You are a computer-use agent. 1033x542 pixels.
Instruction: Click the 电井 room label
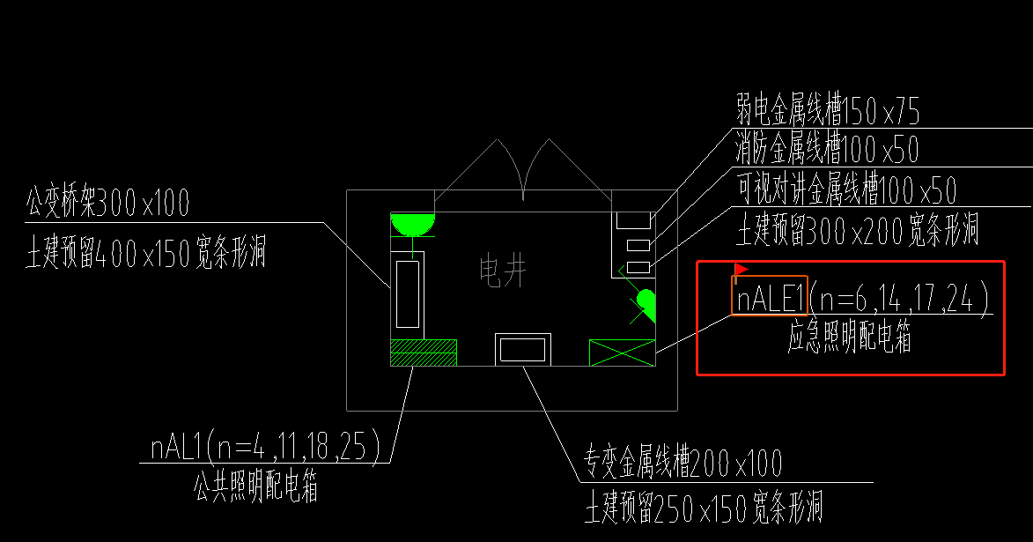point(503,271)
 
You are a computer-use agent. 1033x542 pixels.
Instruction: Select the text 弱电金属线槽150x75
point(827,112)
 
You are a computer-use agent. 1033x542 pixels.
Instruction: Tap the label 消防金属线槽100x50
point(827,151)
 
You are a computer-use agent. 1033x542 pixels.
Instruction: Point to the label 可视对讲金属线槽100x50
point(845,189)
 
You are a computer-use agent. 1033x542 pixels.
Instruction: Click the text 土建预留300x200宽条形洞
point(857,230)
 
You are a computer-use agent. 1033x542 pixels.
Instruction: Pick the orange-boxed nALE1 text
point(770,301)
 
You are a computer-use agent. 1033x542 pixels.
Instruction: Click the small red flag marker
point(740,268)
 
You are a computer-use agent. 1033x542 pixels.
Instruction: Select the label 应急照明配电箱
point(849,338)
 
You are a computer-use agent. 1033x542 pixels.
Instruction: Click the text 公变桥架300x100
point(107,204)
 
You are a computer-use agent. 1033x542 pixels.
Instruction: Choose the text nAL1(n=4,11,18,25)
point(264,449)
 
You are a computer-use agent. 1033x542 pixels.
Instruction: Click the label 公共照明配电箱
point(255,486)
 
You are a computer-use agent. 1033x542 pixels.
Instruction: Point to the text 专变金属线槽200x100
point(682,461)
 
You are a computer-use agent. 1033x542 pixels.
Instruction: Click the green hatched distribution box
point(424,353)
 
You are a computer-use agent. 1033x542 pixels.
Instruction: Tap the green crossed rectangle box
point(622,353)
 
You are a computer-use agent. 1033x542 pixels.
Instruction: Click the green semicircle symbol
point(413,224)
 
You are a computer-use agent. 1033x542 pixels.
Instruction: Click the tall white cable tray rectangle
point(407,293)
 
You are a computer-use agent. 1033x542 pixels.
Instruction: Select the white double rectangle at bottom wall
point(523,349)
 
